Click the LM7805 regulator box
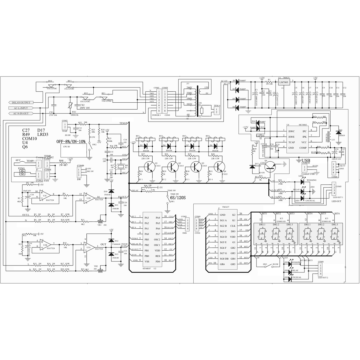[x=285, y=83]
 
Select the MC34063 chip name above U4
[x=302, y=125]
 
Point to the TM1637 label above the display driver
[x=226, y=207]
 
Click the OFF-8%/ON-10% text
[x=71, y=141]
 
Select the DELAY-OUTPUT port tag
[x=22, y=103]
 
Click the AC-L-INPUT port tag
[x=22, y=108]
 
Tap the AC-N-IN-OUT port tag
[x=21, y=113]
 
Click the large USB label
[x=306, y=160]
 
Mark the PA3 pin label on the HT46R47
[x=147, y=218]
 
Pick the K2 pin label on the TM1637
[x=234, y=215]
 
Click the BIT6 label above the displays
[x=337, y=214]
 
